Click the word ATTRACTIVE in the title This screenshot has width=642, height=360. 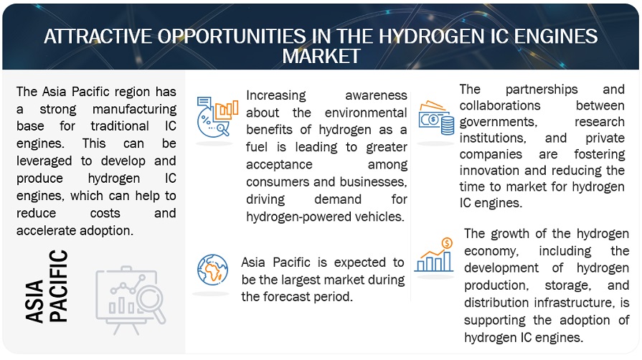[98, 37]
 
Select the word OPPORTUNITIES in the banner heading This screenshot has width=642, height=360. [232, 37]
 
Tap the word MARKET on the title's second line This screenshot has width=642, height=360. [321, 56]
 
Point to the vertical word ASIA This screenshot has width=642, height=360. [34, 301]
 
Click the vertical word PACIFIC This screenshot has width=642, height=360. [59, 286]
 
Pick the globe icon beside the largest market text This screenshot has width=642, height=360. [212, 270]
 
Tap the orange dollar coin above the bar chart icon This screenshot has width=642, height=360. [447, 243]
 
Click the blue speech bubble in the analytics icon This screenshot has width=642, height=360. [204, 102]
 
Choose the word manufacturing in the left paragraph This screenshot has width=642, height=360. [134, 109]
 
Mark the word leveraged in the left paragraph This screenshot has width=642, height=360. [44, 161]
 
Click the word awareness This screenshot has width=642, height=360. [376, 95]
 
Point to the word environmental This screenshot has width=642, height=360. [366, 113]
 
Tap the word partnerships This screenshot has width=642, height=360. [542, 90]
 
